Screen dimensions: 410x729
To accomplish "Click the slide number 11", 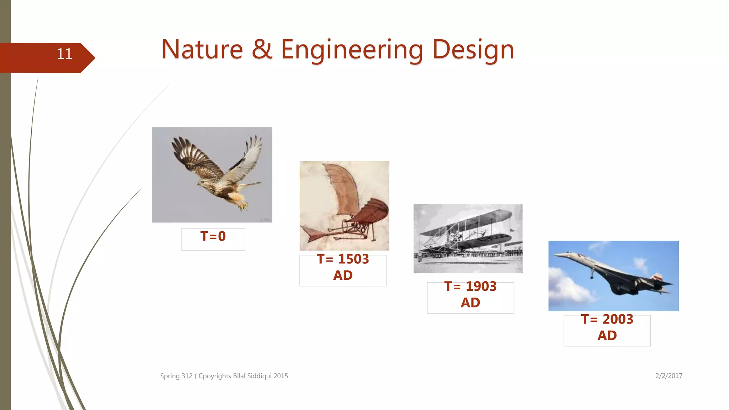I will pos(64,54).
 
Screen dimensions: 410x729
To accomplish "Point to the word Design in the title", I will pos(473,50).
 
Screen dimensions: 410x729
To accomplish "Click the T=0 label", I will pos(213,236).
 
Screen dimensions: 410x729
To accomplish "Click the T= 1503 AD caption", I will pos(343,267).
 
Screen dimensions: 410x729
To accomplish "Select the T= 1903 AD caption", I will pos(470,294).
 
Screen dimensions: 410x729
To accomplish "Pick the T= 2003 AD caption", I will pos(607,327).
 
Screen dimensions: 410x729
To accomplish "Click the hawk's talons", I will pos(243,205).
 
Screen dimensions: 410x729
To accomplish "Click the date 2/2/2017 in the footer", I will pos(668,376).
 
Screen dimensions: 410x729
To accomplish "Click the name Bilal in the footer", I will pos(239,376).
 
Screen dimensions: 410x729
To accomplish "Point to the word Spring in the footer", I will pos(170,376).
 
